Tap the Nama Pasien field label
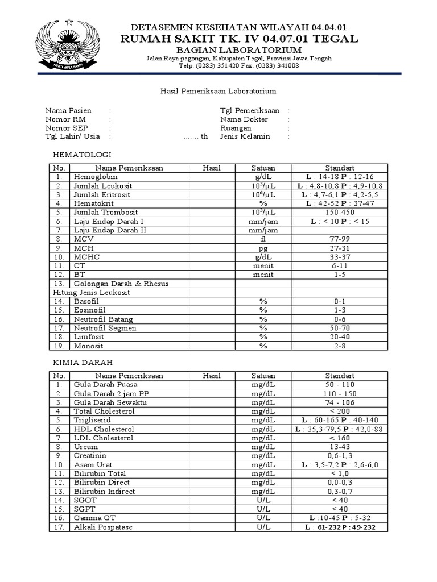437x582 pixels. (x=68, y=110)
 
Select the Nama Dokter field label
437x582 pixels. (x=244, y=119)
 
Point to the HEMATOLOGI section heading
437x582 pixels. (x=82, y=155)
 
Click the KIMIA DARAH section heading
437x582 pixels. (x=84, y=361)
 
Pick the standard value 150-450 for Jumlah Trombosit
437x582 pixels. (x=340, y=212)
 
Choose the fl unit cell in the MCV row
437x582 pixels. (x=263, y=239)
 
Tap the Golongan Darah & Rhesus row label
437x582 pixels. (x=121, y=283)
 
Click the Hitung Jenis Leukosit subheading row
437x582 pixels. (x=92, y=292)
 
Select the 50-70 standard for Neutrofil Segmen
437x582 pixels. (x=340, y=327)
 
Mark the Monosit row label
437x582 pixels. (x=88, y=345)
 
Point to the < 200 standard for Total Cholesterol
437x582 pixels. (x=340, y=411)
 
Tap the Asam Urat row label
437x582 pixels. (x=93, y=464)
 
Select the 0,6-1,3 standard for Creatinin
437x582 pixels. (x=340, y=455)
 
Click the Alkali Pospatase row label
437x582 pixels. (x=103, y=527)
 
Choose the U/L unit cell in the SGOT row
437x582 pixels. (x=263, y=500)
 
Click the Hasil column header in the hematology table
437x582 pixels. (x=212, y=168)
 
